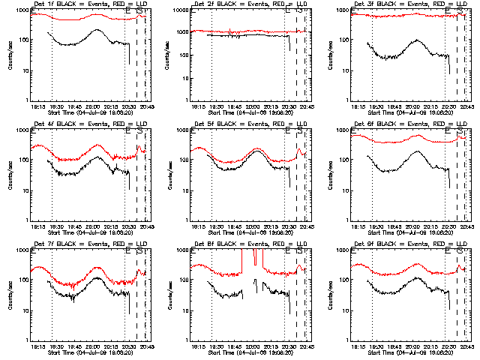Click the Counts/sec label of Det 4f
coord(9,175)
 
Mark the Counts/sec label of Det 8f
coord(169,295)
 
